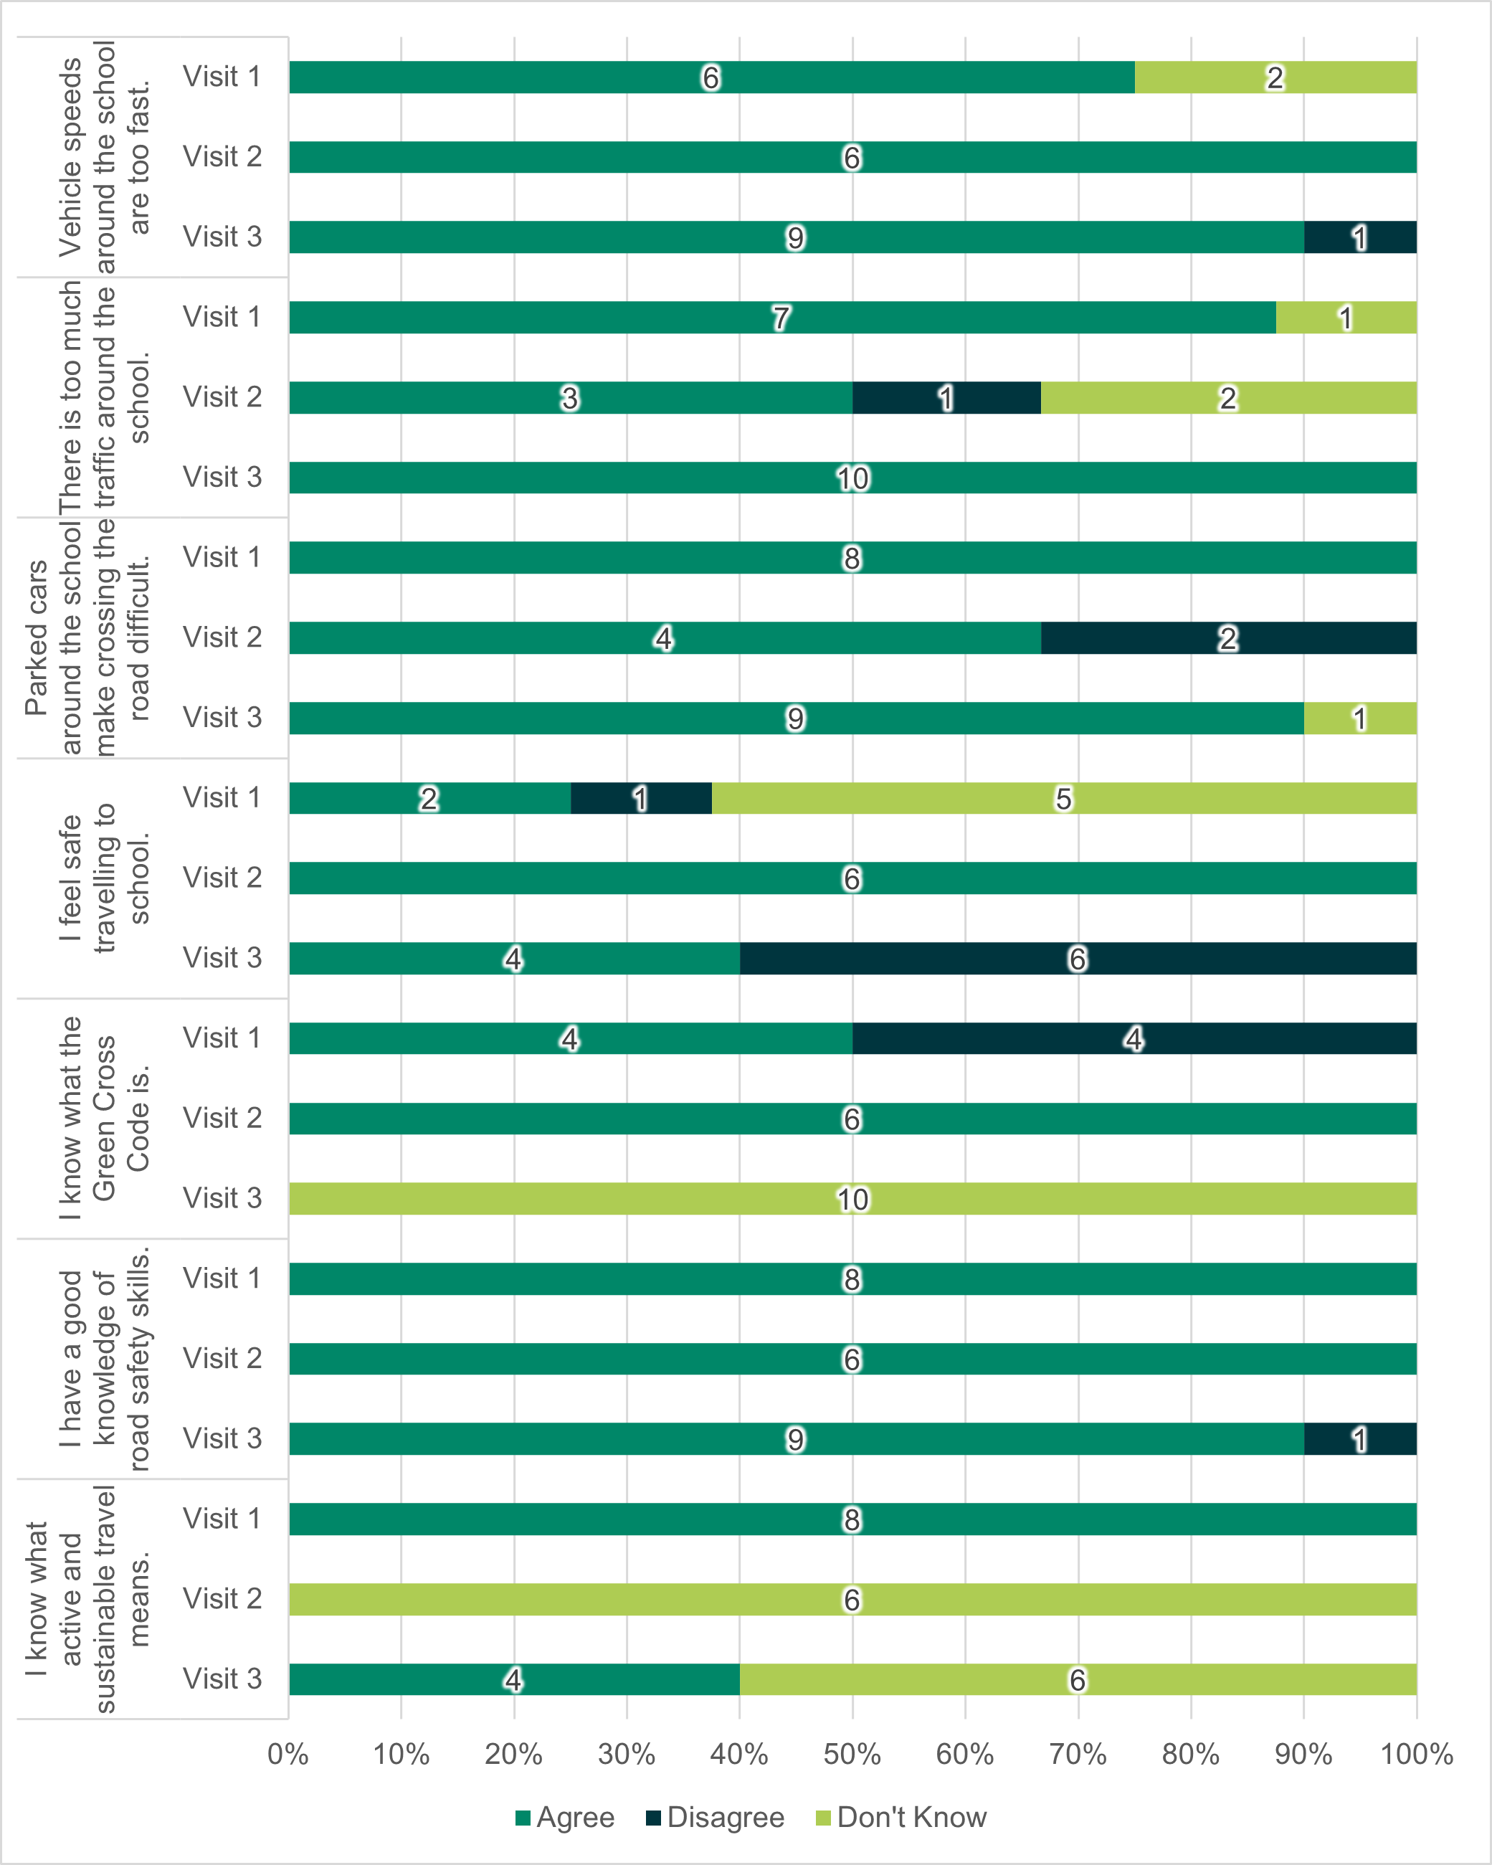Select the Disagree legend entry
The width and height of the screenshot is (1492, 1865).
[716, 1818]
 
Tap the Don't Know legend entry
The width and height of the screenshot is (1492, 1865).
[901, 1818]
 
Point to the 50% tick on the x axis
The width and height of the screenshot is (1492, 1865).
[852, 1755]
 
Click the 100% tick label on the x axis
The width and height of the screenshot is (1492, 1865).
[1416, 1755]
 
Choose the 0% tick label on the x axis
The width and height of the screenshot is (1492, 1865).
[288, 1755]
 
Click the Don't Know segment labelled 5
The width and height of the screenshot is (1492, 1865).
[1064, 797]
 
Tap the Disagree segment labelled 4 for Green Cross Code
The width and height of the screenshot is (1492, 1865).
[1134, 1038]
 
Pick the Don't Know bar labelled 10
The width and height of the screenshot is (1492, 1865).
[852, 1199]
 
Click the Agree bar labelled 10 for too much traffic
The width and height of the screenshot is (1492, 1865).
[852, 478]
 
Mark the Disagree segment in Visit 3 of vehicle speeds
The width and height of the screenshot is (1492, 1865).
[1359, 237]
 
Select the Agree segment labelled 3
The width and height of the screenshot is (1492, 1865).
[570, 398]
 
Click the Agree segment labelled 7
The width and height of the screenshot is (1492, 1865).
[782, 318]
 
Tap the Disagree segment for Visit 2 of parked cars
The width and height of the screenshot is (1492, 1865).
[1228, 638]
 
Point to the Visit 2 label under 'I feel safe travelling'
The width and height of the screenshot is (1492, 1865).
[222, 878]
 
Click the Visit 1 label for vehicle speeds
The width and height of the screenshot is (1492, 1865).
[222, 77]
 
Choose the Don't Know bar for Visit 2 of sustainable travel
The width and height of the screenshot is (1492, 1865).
[852, 1600]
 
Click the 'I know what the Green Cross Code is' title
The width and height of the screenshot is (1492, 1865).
[104, 1118]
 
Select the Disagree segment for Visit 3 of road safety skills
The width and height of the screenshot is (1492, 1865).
[1359, 1438]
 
